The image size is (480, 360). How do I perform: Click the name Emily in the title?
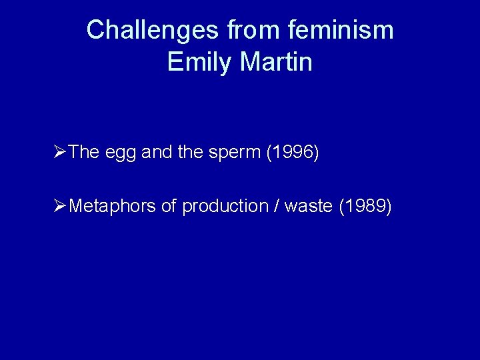(198, 62)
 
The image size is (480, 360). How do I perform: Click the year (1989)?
(365, 207)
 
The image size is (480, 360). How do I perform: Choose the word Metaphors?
(113, 207)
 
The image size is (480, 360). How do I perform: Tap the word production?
(225, 207)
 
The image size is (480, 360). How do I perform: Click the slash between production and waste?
(276, 207)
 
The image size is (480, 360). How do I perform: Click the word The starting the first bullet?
(84, 153)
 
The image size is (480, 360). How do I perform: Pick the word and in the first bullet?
(157, 153)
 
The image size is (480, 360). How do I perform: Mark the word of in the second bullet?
(169, 207)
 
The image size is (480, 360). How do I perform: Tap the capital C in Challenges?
(95, 30)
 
